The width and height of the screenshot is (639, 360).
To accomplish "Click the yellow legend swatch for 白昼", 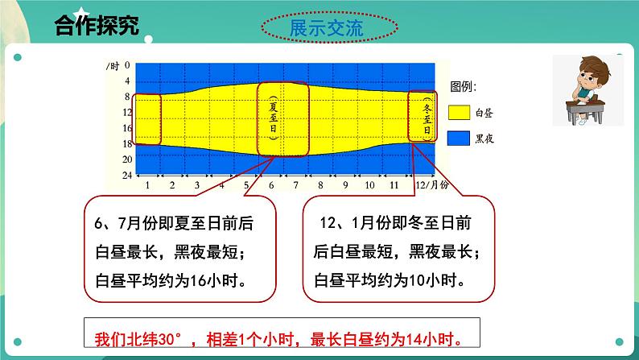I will pos(460,113).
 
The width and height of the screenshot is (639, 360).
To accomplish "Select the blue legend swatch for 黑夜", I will pos(460,138).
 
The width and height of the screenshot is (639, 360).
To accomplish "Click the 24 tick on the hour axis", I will pos(126,175).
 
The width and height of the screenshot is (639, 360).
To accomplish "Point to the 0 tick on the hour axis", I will pos(127,64).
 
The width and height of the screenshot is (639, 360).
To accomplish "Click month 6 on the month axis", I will pos(271,185).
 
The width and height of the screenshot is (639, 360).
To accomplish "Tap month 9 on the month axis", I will pos(345,185).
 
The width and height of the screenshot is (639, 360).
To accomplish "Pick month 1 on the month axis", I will pos(148,185).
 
